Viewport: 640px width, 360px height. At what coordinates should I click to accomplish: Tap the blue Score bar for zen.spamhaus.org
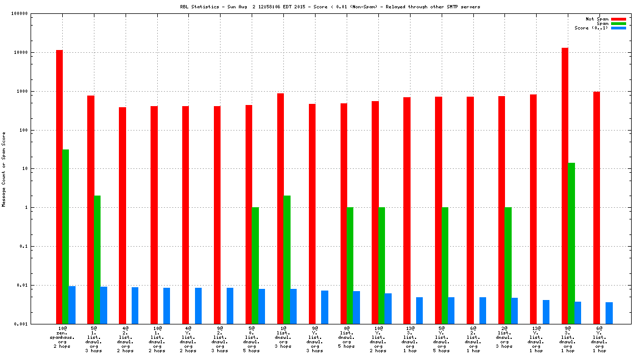pyautogui.click(x=72, y=304)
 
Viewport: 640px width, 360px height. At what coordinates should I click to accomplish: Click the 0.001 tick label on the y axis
pyautogui.click(x=21, y=324)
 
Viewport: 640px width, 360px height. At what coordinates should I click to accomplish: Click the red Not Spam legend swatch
pyautogui.click(x=618, y=19)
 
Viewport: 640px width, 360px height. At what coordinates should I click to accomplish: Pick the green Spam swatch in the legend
pyautogui.click(x=618, y=23)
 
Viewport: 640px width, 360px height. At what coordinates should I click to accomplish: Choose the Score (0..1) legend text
pyautogui.click(x=591, y=28)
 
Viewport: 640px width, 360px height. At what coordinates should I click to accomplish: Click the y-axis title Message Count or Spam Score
pyautogui.click(x=4, y=169)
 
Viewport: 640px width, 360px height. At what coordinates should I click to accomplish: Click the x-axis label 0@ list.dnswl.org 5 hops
pyautogui.click(x=347, y=337)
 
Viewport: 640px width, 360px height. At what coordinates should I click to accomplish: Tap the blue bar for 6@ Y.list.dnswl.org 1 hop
pyautogui.click(x=609, y=313)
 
